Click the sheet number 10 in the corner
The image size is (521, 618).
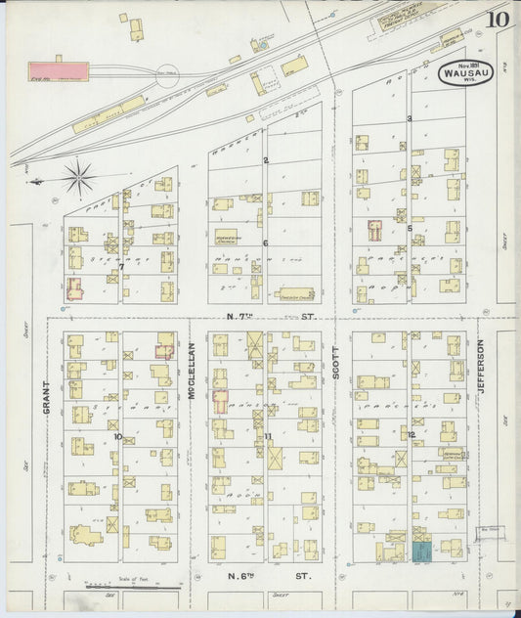tap(499, 19)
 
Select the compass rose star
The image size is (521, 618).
tap(79, 178)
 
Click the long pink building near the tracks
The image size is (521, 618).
tap(58, 70)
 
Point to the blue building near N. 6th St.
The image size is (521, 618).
tap(421, 552)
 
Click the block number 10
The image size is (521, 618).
tap(118, 436)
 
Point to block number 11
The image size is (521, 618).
tap(267, 436)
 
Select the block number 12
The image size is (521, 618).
tap(412, 434)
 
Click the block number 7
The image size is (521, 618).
tap(120, 266)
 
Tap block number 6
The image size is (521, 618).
tap(265, 243)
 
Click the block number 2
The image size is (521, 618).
tap(265, 159)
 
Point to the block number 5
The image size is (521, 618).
tap(410, 228)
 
